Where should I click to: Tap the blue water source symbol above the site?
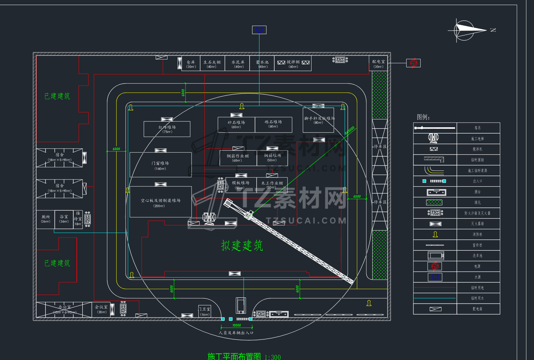[x=259, y=30]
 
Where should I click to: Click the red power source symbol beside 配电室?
[x=413, y=63]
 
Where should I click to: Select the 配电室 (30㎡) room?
[x=378, y=64]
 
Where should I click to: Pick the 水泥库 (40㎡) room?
[x=238, y=64]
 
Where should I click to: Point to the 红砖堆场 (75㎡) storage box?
[x=167, y=129]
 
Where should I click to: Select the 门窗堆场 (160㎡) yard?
[x=160, y=165]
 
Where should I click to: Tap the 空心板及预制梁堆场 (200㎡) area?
[x=161, y=202]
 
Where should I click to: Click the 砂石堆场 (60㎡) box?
[x=236, y=124]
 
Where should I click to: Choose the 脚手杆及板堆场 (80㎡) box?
[x=319, y=120]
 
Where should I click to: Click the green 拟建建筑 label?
[x=242, y=245]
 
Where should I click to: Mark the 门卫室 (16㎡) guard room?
[x=204, y=311]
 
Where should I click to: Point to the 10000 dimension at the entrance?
[x=237, y=325]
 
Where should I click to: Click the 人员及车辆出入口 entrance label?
[x=236, y=333]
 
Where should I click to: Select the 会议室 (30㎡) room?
[x=101, y=309]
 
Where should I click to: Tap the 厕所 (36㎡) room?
[x=46, y=219]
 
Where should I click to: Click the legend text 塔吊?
[x=477, y=128]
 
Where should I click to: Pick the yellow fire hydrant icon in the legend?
[x=435, y=234]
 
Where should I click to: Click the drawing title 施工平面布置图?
[x=234, y=356]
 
